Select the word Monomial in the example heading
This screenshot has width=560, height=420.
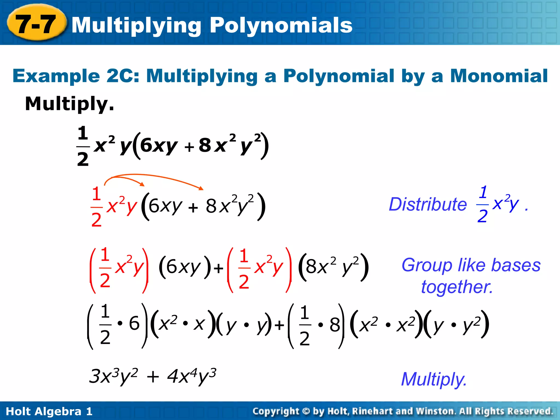pos(499,76)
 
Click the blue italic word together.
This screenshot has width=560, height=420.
pos(457,287)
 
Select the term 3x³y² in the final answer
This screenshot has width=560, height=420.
pos(113,377)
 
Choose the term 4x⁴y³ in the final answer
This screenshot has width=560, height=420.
pos(191,377)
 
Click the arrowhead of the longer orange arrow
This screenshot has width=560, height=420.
pos(202,188)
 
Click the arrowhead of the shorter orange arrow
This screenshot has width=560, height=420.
pos(142,185)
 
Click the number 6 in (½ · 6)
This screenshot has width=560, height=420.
pos(134,323)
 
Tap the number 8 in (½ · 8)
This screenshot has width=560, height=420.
pos(335,325)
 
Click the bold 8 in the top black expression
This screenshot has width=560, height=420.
pos(205,145)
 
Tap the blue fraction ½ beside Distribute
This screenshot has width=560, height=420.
pos(483,204)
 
